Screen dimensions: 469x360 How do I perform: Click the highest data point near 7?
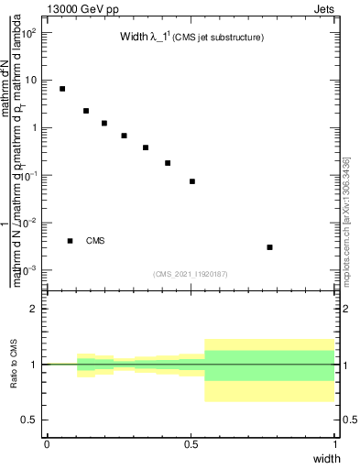coord(62,89)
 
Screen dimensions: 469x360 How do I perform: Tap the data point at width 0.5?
coord(192,181)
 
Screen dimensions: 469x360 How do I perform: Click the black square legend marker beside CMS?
coord(71,241)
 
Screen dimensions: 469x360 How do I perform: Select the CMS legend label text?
coord(95,241)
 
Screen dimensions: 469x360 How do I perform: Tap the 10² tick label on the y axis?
coord(29,33)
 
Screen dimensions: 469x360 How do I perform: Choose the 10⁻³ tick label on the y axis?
coord(29,270)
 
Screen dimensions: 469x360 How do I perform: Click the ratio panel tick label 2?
coord(33,309)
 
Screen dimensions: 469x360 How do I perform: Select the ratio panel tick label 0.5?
coord(29,420)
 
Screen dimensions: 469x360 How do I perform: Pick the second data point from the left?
coord(86,111)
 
